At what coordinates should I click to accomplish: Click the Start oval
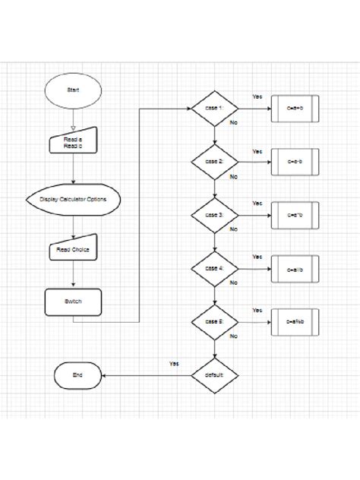coord(73,90)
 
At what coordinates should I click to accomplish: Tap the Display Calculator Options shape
coord(73,200)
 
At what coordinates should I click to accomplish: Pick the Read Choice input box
coord(73,248)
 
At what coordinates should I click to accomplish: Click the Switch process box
coord(73,301)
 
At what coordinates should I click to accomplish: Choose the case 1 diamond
coord(214,109)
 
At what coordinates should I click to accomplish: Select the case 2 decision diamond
coord(214,162)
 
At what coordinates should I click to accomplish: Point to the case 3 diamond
coord(214,216)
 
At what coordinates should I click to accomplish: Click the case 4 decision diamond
coord(214,269)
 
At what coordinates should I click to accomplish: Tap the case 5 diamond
coord(214,322)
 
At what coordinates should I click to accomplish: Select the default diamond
coord(214,375)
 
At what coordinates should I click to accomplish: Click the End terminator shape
coord(77,375)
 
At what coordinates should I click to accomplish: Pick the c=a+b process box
coord(295,109)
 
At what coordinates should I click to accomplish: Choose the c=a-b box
coord(295,162)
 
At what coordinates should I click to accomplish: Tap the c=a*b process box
coord(295,216)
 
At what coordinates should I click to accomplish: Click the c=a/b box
coord(295,269)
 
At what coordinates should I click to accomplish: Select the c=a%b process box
coord(295,322)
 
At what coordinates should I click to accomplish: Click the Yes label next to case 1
coord(257,96)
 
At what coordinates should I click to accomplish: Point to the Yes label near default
coord(174,364)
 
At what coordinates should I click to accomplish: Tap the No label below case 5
coord(233,335)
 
